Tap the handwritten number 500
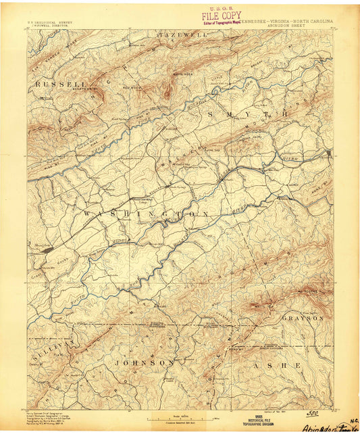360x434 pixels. coord(313,411)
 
